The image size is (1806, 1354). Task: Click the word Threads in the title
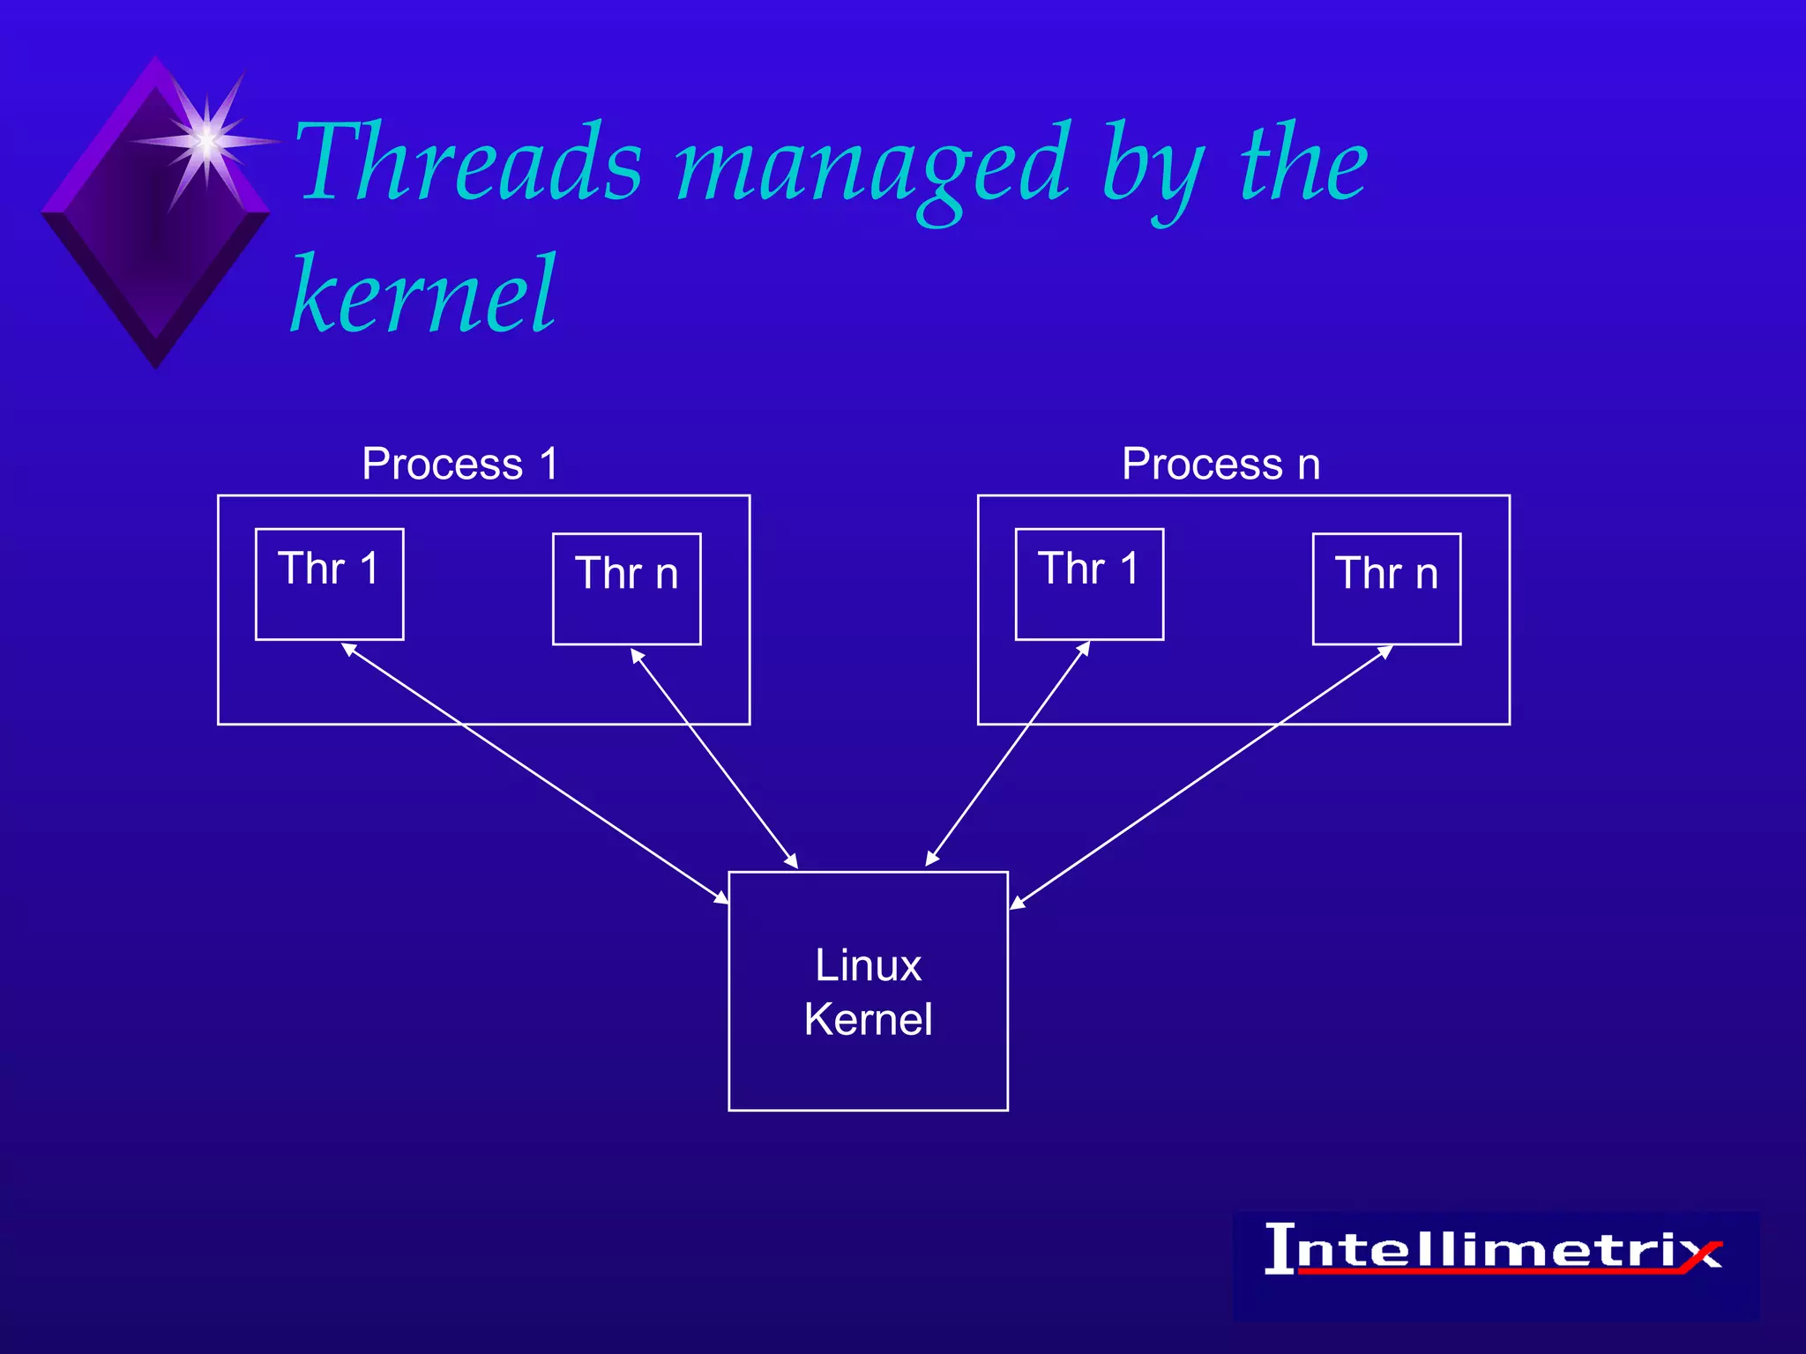(467, 163)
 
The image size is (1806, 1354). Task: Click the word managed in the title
(873, 167)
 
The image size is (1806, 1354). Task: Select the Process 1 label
(459, 464)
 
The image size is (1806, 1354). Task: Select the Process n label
(1220, 464)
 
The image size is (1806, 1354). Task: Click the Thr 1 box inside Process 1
(329, 584)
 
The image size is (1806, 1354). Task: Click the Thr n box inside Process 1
(626, 589)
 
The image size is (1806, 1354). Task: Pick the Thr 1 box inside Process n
(1089, 584)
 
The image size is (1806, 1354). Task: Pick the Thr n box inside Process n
(1386, 589)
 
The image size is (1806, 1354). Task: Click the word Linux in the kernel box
(868, 965)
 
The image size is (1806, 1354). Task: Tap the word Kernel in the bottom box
(868, 1020)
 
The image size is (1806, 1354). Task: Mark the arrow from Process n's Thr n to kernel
(1201, 777)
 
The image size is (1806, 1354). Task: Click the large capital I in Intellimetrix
(1280, 1248)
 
